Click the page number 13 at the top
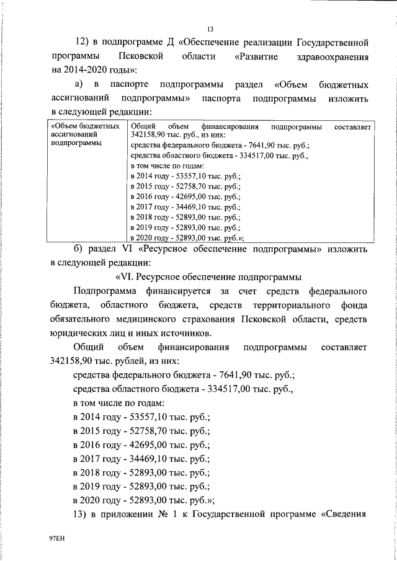tap(210, 28)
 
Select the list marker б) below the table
tap(78, 250)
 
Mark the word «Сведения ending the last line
tap(345, 516)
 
